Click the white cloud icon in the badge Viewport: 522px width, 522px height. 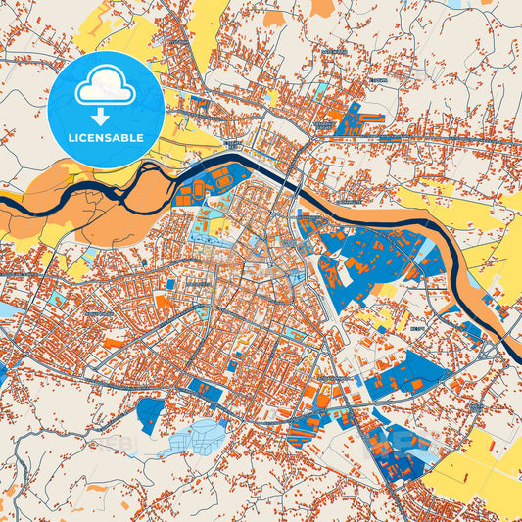coord(107,89)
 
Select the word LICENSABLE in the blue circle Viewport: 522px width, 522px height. coord(106,138)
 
